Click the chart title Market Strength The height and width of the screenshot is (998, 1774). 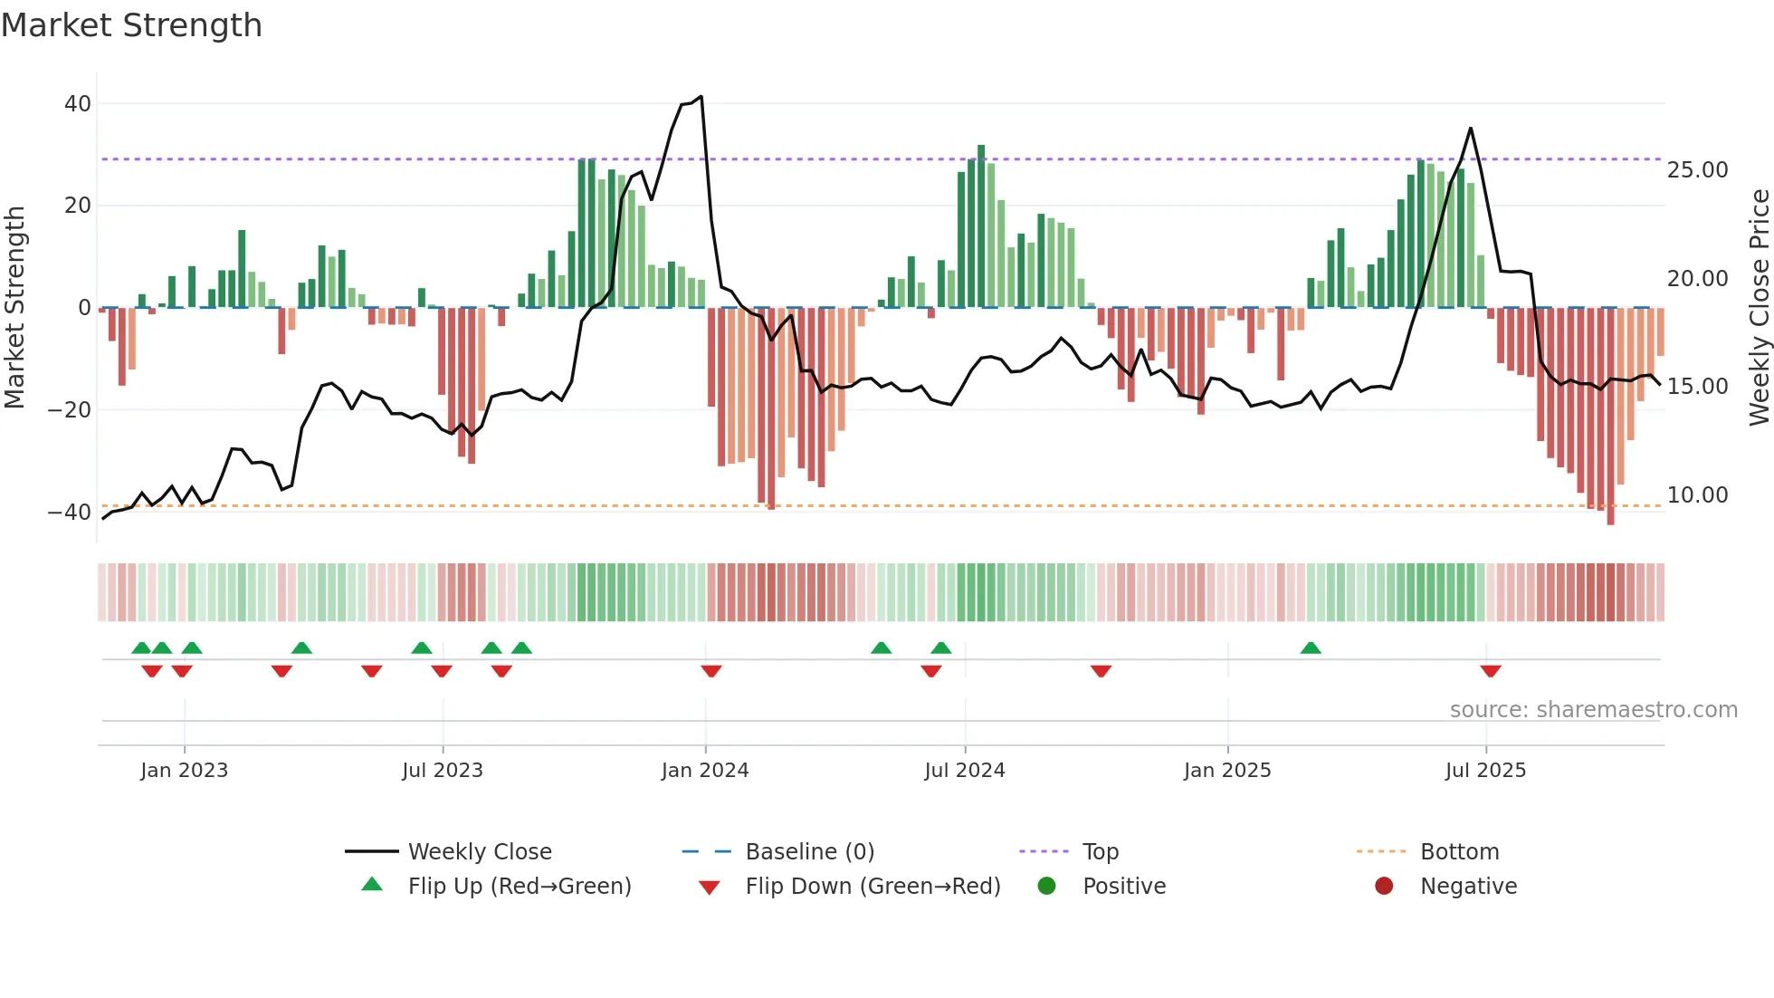pos(131,25)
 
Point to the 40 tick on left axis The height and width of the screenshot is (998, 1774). pos(78,104)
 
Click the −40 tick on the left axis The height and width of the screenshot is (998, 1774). pos(70,513)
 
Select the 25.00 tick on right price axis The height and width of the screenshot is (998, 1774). pos(1697,170)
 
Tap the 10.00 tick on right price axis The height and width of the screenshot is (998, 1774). pos(1697,495)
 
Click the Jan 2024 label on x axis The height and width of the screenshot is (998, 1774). pos(705,771)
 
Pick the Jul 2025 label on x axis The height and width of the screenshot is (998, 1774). pos(1485,771)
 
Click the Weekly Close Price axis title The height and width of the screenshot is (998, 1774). pos(1759,308)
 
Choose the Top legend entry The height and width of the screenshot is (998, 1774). pos(1100,852)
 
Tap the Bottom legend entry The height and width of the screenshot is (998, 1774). pos(1459,852)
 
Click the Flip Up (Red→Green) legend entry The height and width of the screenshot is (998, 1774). pos(519,887)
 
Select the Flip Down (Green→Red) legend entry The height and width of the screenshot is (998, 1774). pos(872,887)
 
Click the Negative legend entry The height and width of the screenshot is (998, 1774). pos(1467,887)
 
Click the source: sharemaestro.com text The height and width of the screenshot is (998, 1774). pos(1593,710)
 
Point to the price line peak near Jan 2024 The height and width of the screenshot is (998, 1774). pos(701,97)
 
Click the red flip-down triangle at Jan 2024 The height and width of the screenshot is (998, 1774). pos(711,671)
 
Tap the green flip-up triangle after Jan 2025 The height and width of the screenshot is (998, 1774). pos(1311,648)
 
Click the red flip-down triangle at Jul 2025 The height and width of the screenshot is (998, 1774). pos(1491,671)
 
